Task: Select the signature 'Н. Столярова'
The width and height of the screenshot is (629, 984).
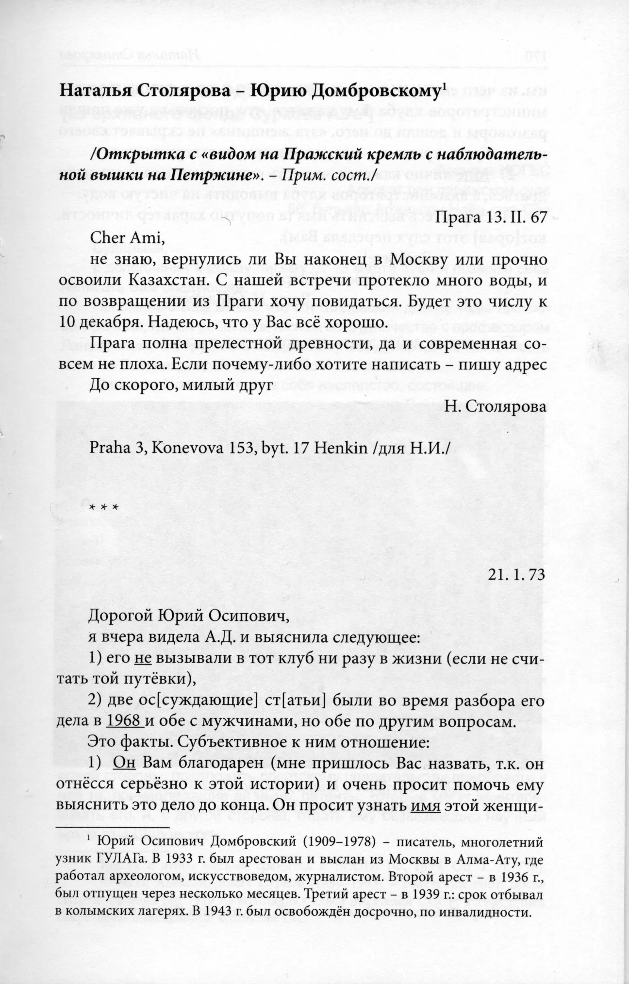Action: click(496, 407)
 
